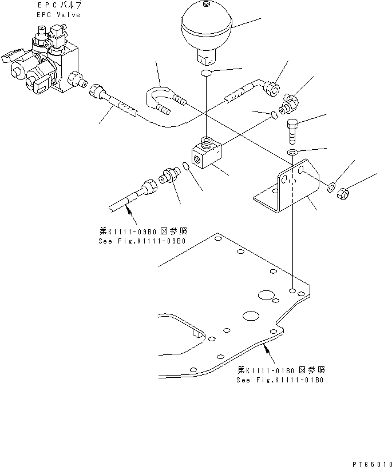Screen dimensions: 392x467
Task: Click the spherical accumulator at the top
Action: click(206, 33)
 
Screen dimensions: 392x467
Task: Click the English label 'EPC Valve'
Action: click(58, 15)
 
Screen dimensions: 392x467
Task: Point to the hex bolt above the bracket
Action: click(292, 131)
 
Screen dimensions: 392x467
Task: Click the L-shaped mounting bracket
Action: click(287, 186)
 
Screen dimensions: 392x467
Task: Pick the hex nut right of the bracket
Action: click(343, 194)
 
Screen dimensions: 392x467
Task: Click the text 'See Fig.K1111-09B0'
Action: click(142, 241)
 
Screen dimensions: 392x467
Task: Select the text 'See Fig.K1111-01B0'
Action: click(280, 380)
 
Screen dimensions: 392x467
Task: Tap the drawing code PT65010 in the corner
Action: click(372, 464)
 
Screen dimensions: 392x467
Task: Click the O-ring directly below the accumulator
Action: click(206, 73)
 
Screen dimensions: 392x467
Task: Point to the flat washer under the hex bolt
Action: click(292, 152)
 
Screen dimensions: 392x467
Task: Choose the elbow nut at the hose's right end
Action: click(271, 89)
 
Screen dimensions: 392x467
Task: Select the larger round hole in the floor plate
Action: click(266, 295)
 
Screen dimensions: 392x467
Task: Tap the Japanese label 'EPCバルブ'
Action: click(60, 5)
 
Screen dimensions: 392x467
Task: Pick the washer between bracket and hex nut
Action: click(331, 187)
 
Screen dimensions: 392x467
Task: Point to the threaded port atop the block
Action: click(206, 142)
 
